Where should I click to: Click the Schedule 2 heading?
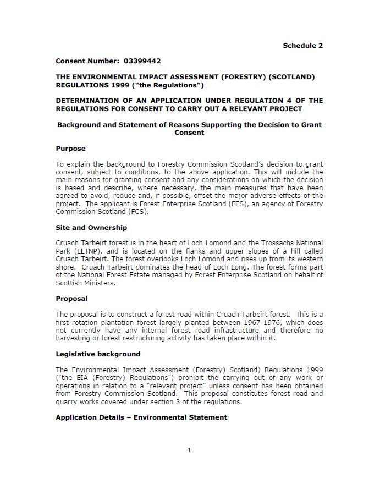[302, 46]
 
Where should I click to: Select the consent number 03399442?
[142, 61]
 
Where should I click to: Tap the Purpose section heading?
[70, 148]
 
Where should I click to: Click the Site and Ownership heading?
[91, 227]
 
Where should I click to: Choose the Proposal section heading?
[71, 299]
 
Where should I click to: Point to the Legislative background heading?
[98, 354]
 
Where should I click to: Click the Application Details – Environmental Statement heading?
[141, 417]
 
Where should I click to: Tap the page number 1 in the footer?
[189, 450]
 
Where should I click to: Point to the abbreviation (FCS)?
[139, 211]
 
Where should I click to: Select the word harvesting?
[73, 338]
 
